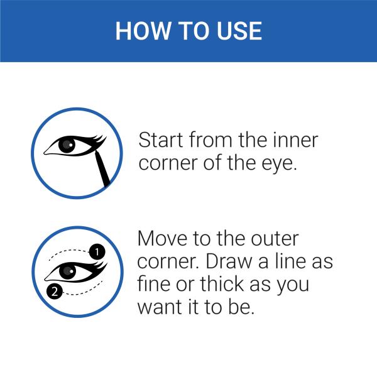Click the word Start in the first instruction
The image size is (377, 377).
160,140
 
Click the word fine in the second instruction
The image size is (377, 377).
154,284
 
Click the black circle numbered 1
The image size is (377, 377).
97,252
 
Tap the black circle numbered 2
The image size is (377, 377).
55,292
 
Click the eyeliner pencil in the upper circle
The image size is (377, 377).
102,169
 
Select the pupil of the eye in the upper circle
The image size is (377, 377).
67,145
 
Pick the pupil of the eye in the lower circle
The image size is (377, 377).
68,271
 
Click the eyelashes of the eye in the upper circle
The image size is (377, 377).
99,140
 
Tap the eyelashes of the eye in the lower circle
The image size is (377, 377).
100,266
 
